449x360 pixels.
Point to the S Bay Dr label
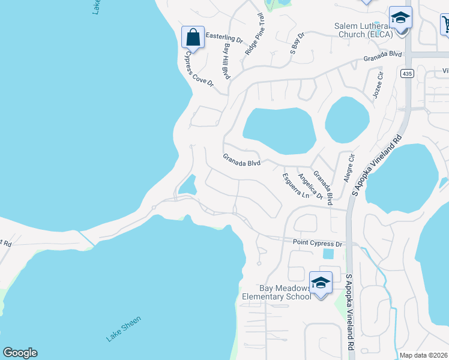pyautogui.click(x=297, y=44)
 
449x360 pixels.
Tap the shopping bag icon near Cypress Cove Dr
pyautogui.click(x=193, y=38)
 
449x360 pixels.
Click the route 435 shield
pyautogui.click(x=407, y=73)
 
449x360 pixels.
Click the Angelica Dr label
pyautogui.click(x=310, y=185)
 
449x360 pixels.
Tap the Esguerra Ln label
pyautogui.click(x=296, y=186)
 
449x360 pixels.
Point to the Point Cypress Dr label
pyautogui.click(x=317, y=243)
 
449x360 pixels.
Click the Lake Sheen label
pyautogui.click(x=124, y=331)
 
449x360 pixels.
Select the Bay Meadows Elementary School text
pyautogui.click(x=277, y=292)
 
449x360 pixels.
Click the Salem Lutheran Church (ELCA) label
pyautogui.click(x=364, y=30)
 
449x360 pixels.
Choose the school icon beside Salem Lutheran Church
pyautogui.click(x=400, y=18)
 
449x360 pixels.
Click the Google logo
pyautogui.click(x=20, y=353)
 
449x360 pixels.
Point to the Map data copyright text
pyautogui.click(x=423, y=355)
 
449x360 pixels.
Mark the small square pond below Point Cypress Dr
pyautogui.click(x=328, y=254)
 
